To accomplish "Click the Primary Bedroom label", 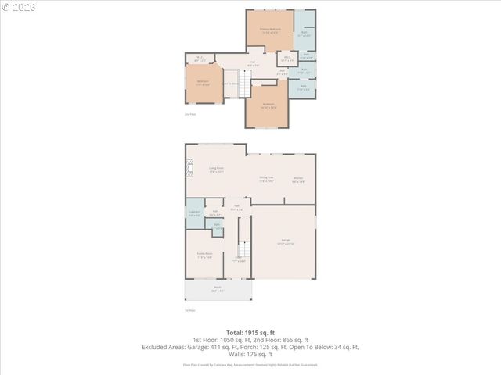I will tap(271, 31).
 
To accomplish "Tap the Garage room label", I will tap(285, 244).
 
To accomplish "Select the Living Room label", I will tap(216, 170).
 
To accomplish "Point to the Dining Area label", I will tap(266, 179).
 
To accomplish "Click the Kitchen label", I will tap(298, 179).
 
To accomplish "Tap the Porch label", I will tap(218, 289).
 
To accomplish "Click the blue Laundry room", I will tap(194, 214).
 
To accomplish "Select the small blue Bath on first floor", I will tap(216, 227).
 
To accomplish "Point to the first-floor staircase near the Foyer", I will tap(243, 251).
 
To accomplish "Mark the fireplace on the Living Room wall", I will tap(188, 166).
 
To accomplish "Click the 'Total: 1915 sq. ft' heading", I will tap(250, 331).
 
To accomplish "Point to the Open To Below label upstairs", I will tap(229, 84).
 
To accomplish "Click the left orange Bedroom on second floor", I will tap(203, 83).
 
